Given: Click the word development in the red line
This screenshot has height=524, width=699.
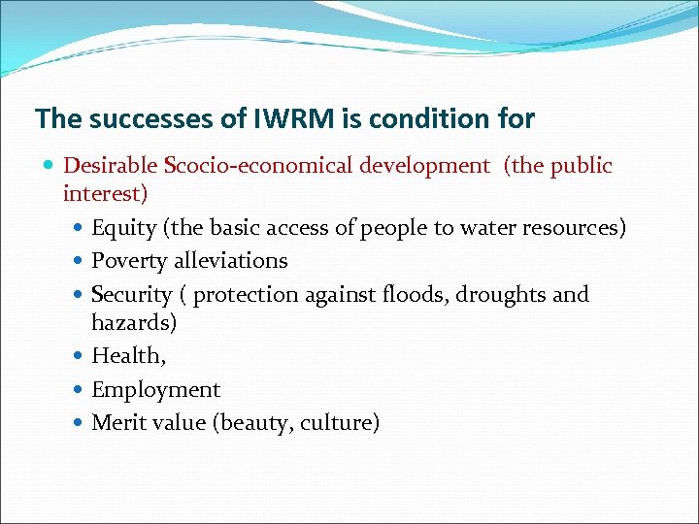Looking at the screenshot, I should (424, 166).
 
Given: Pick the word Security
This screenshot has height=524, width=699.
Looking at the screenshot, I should (132, 294).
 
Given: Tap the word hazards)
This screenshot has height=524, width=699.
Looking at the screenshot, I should (134, 321).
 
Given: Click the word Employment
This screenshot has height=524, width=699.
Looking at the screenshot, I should (155, 390).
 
